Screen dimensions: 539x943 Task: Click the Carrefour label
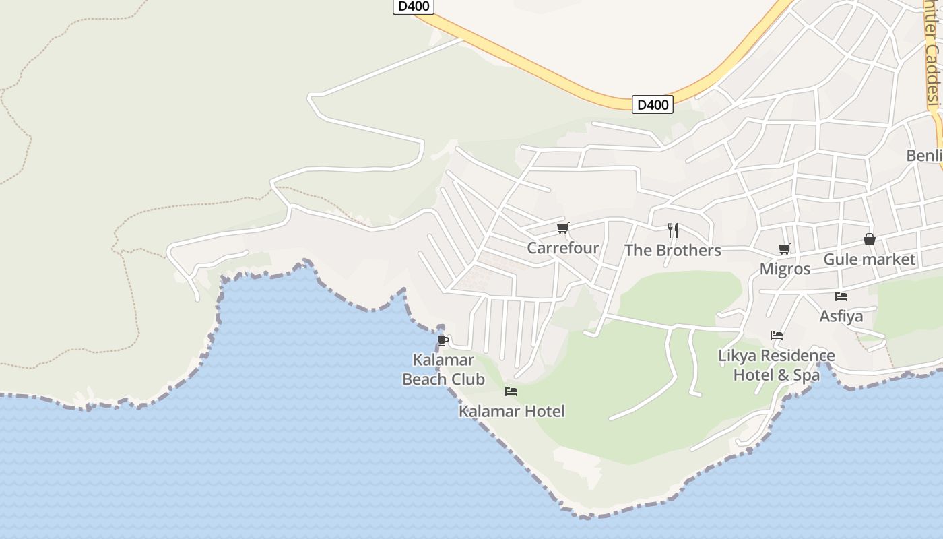[562, 248]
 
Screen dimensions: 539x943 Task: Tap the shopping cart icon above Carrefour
[562, 228]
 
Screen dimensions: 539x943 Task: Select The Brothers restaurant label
[672, 251]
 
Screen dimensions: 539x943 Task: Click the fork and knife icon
[672, 230]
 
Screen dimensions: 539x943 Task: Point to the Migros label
[785, 269]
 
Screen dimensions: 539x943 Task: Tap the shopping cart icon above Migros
[785, 249]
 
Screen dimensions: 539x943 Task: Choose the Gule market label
[870, 259]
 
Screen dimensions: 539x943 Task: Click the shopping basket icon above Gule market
[870, 239]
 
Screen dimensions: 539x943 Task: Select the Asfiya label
[841, 316]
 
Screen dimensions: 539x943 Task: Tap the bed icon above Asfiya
[841, 296]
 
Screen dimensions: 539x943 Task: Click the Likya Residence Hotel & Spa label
[776, 365]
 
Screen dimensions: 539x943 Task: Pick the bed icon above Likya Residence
[777, 335]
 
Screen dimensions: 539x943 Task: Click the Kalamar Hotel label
[511, 411]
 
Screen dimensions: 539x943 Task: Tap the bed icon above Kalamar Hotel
[511, 391]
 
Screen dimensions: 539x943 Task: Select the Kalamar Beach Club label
[443, 370]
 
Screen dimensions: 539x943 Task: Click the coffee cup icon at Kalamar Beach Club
[443, 340]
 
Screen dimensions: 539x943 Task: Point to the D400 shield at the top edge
[413, 6]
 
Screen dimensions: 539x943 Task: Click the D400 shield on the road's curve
[652, 104]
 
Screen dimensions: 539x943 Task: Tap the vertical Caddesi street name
[932, 54]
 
